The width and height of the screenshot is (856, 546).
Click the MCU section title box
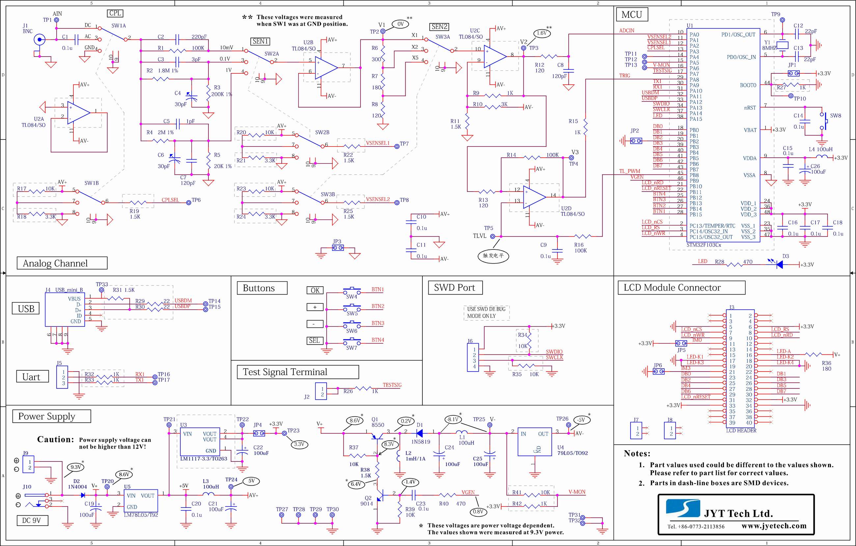click(632, 14)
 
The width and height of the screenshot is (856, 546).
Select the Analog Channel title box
click(62, 263)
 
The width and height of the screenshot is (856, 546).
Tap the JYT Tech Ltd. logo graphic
click(682, 508)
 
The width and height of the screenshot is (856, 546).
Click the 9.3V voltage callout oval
click(76, 467)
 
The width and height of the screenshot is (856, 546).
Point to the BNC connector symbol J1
click(40, 39)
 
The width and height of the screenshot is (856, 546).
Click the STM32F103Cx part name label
click(704, 245)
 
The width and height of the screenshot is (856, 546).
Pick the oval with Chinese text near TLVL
click(493, 256)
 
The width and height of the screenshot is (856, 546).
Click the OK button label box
click(315, 290)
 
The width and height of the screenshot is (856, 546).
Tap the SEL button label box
click(315, 341)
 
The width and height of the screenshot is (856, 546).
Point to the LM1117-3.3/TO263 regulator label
click(203, 458)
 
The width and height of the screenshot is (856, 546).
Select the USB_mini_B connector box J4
click(65, 310)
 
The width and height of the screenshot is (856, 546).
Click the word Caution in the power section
click(55, 439)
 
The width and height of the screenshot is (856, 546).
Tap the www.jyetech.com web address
click(774, 526)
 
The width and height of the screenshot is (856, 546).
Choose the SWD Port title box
click(455, 288)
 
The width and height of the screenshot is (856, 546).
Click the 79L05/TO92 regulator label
click(572, 453)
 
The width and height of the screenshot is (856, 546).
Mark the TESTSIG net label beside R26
click(392, 385)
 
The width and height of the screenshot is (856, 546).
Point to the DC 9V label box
click(32, 520)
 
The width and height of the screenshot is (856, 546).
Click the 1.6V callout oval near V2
click(542, 33)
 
